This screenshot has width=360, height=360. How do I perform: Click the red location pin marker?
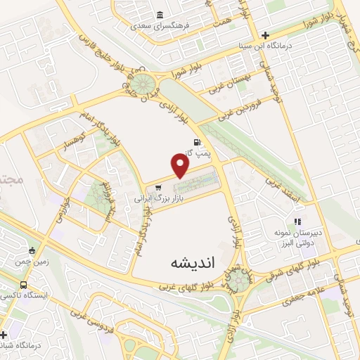pyautogui.click(x=181, y=165)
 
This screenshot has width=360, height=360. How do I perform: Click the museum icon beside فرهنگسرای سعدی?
pyautogui.click(x=161, y=15)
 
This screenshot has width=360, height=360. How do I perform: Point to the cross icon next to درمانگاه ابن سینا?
pyautogui.click(x=265, y=34)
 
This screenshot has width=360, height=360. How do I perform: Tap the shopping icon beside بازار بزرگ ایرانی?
pyautogui.click(x=159, y=188)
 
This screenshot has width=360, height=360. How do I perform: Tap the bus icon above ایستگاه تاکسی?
pyautogui.click(x=25, y=285)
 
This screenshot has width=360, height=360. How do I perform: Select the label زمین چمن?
pyautogui.click(x=19, y=260)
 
